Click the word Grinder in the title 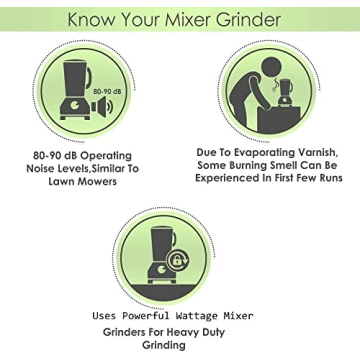tap(248, 20)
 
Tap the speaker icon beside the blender tap(102, 107)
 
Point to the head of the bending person tap(272, 67)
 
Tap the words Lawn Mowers tap(83, 182)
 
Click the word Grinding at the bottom tap(164, 345)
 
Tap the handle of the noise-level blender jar tap(89, 77)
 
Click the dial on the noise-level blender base tap(76, 106)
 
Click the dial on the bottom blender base tap(162, 269)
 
